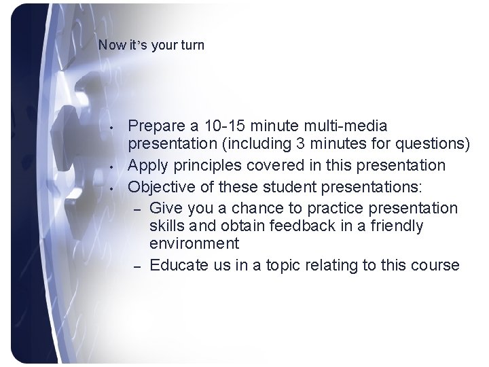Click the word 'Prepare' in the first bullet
click(x=156, y=126)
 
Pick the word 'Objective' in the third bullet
click(x=159, y=186)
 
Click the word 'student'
click(x=274, y=186)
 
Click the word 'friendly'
click(x=399, y=225)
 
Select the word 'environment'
click(x=194, y=243)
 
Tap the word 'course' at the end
click(x=435, y=265)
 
